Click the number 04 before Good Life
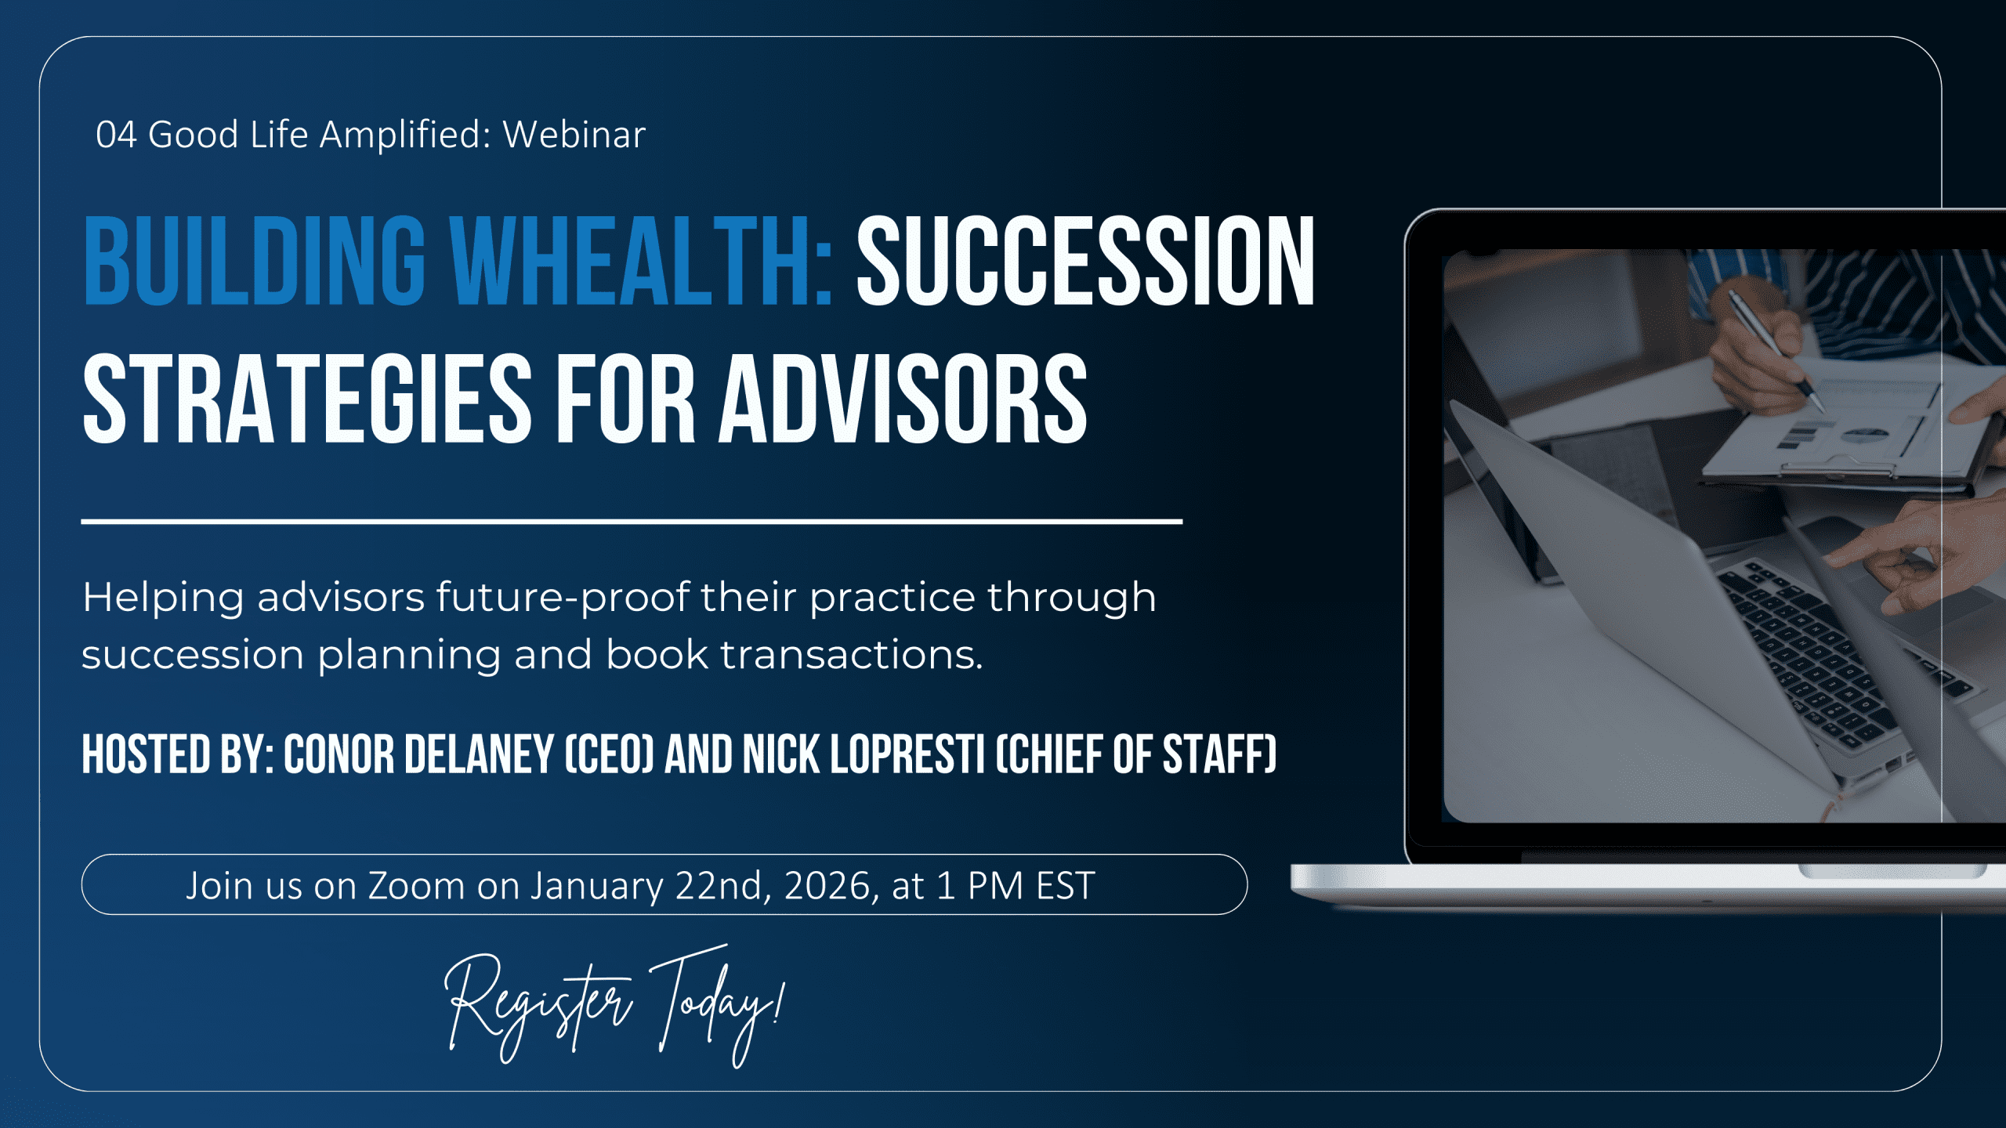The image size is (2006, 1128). click(116, 135)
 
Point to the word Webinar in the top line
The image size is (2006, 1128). click(574, 135)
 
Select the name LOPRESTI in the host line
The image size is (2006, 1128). click(907, 754)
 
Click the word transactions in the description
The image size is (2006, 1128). click(852, 655)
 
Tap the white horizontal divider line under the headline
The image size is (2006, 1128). click(632, 521)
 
